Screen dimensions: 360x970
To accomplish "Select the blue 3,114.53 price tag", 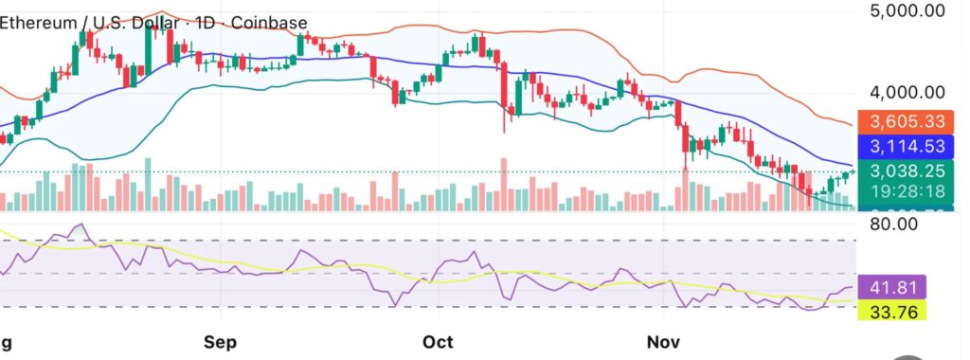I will click(x=907, y=148).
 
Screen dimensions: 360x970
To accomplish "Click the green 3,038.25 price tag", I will click(x=907, y=172).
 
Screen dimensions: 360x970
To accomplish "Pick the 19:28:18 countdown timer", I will click(x=907, y=192).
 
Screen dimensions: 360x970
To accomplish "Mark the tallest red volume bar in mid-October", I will click(x=504, y=184).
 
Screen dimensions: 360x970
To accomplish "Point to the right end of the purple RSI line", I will click(x=853, y=287).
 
